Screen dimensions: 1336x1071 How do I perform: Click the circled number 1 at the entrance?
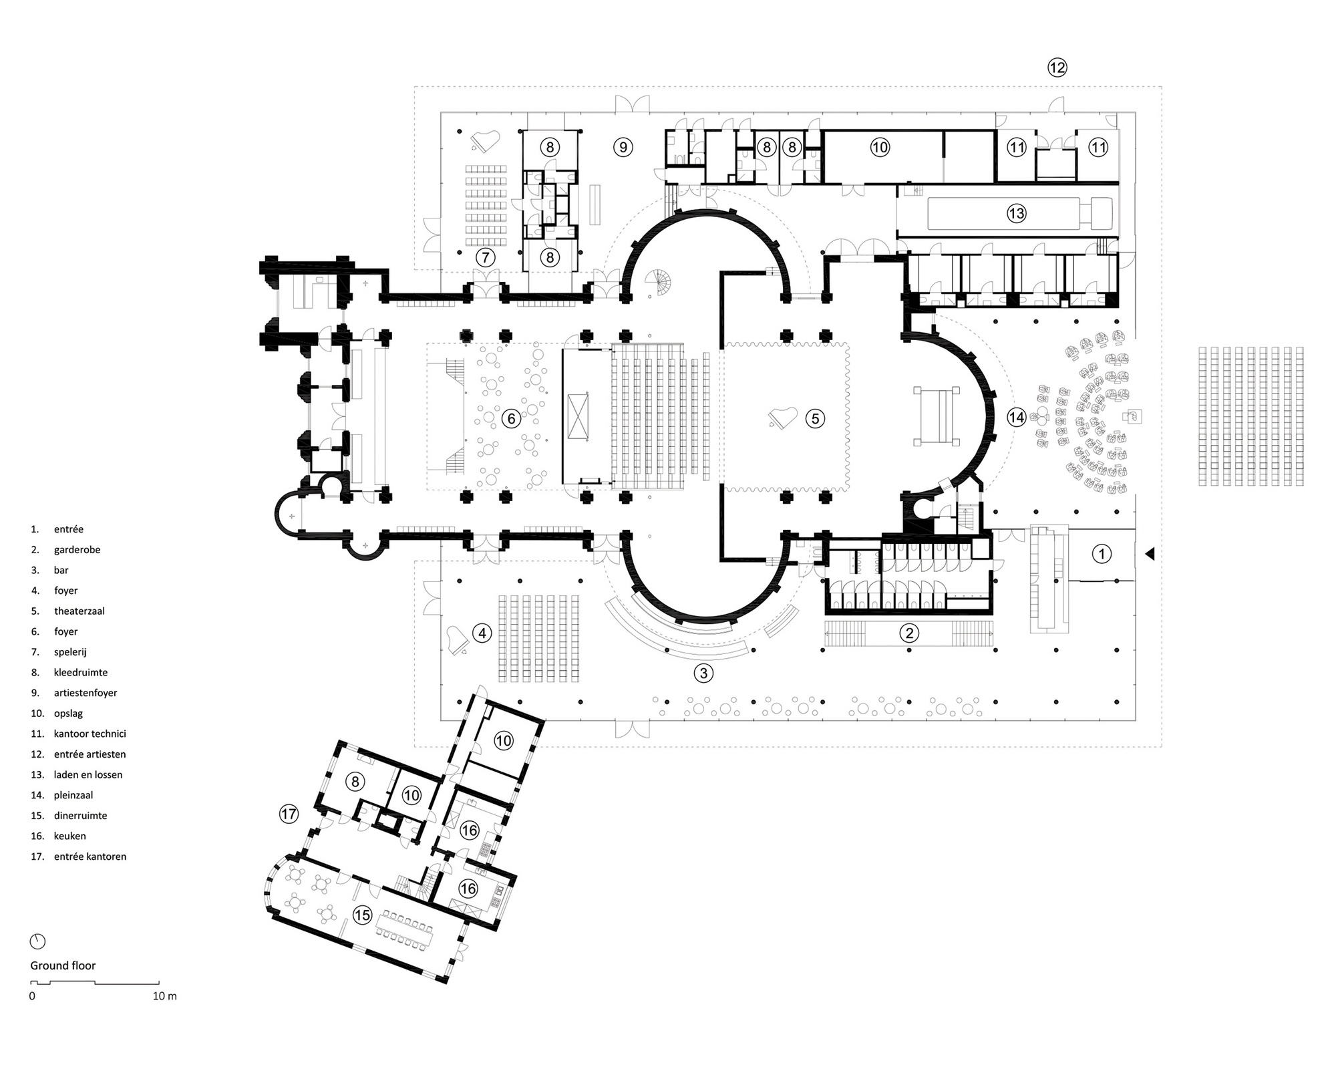click(x=1102, y=553)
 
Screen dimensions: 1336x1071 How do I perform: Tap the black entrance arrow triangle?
click(x=1150, y=553)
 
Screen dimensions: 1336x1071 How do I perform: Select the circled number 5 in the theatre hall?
click(x=815, y=419)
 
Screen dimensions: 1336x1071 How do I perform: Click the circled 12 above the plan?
click(x=1057, y=67)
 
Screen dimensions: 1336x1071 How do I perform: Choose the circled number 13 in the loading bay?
click(x=1016, y=214)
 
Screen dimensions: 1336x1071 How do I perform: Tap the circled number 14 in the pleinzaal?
click(x=1016, y=418)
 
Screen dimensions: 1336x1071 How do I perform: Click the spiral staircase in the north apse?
click(x=662, y=282)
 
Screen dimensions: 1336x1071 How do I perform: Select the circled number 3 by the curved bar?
click(x=703, y=673)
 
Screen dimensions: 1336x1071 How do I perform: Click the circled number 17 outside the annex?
click(x=289, y=814)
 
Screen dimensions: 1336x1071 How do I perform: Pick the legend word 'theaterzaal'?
click(x=79, y=611)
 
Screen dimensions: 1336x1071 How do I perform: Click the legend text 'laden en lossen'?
click(x=88, y=775)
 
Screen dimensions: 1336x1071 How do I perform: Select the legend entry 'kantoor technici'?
click(x=90, y=734)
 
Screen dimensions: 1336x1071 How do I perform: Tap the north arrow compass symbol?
click(x=38, y=941)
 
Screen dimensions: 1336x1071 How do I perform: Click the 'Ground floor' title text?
click(x=63, y=965)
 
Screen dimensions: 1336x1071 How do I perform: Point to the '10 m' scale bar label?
click(x=165, y=996)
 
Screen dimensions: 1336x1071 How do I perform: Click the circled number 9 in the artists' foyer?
click(x=623, y=147)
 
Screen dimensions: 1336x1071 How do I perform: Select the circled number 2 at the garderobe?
click(x=908, y=633)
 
